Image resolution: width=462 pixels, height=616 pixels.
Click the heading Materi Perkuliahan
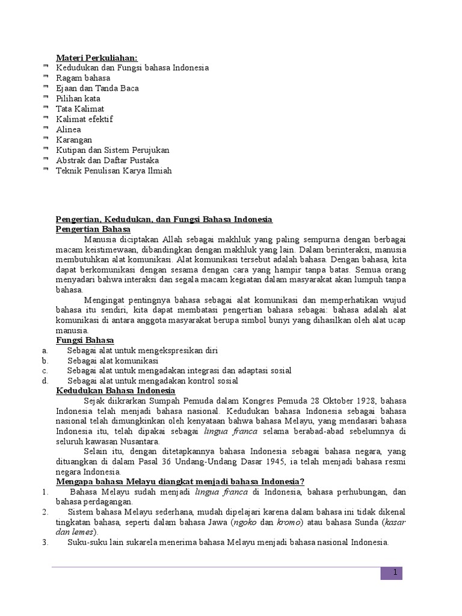tap(96, 58)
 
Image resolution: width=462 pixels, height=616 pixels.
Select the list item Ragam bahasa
tap(83, 78)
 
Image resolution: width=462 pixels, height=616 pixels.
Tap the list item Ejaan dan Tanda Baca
tap(97, 88)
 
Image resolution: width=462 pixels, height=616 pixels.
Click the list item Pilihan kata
tap(78, 99)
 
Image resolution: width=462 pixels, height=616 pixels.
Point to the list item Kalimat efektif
tap(84, 119)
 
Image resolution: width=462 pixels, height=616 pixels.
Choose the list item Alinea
tap(69, 129)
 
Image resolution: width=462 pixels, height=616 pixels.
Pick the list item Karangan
tap(74, 140)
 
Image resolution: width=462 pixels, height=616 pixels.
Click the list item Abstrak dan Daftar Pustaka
tap(107, 160)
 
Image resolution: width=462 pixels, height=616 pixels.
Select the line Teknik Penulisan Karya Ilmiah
tap(114, 170)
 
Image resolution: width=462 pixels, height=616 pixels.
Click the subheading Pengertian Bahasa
tap(93, 229)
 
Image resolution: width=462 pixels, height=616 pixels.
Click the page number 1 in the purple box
tap(394, 573)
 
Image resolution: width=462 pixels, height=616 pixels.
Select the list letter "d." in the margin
tap(45, 381)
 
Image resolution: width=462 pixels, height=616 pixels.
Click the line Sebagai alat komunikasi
tap(112, 360)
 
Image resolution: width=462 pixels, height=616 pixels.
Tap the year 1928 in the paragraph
tap(351, 401)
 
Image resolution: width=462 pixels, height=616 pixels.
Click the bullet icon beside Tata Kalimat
tap(47, 108)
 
